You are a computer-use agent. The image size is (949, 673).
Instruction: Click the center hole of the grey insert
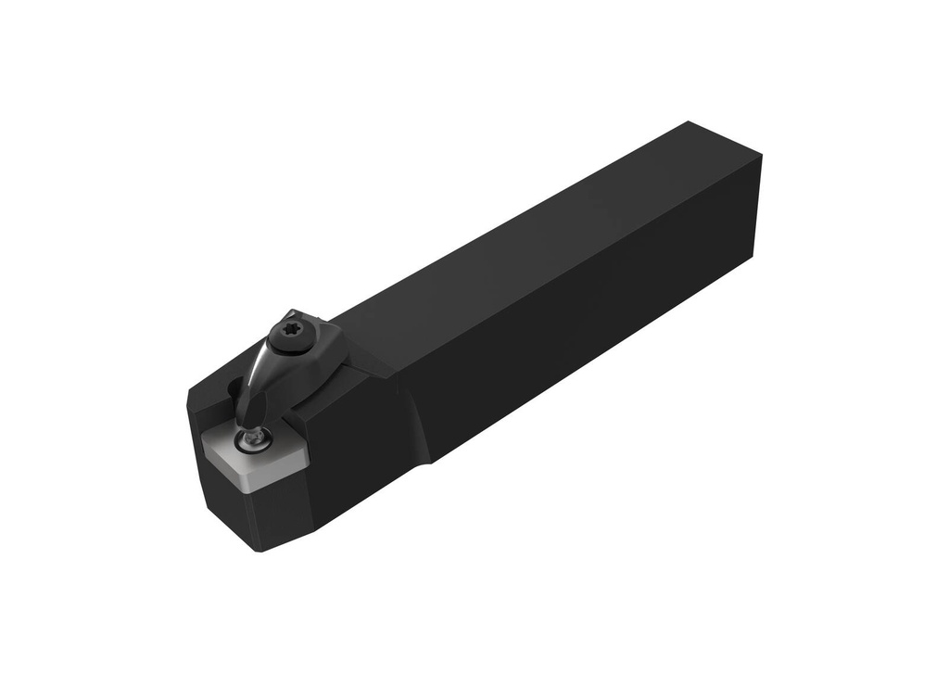pos(251,443)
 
